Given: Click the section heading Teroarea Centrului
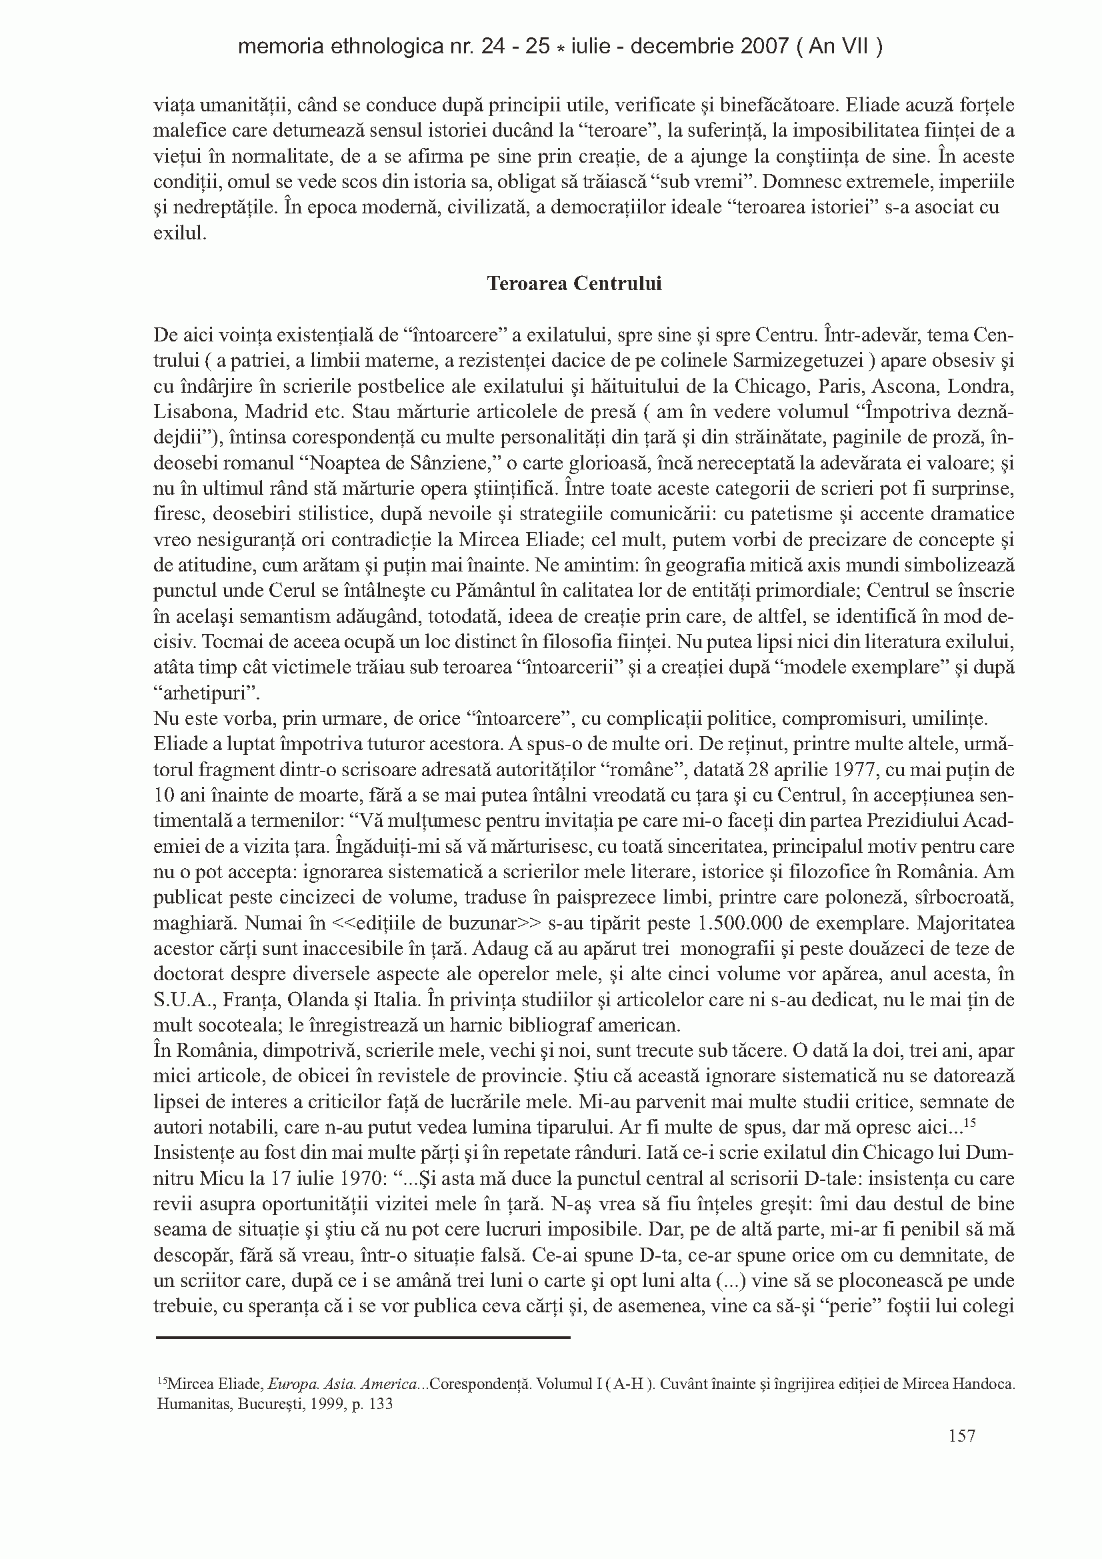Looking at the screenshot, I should [x=574, y=284].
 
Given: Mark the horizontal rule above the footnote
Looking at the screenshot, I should [x=363, y=1338].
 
